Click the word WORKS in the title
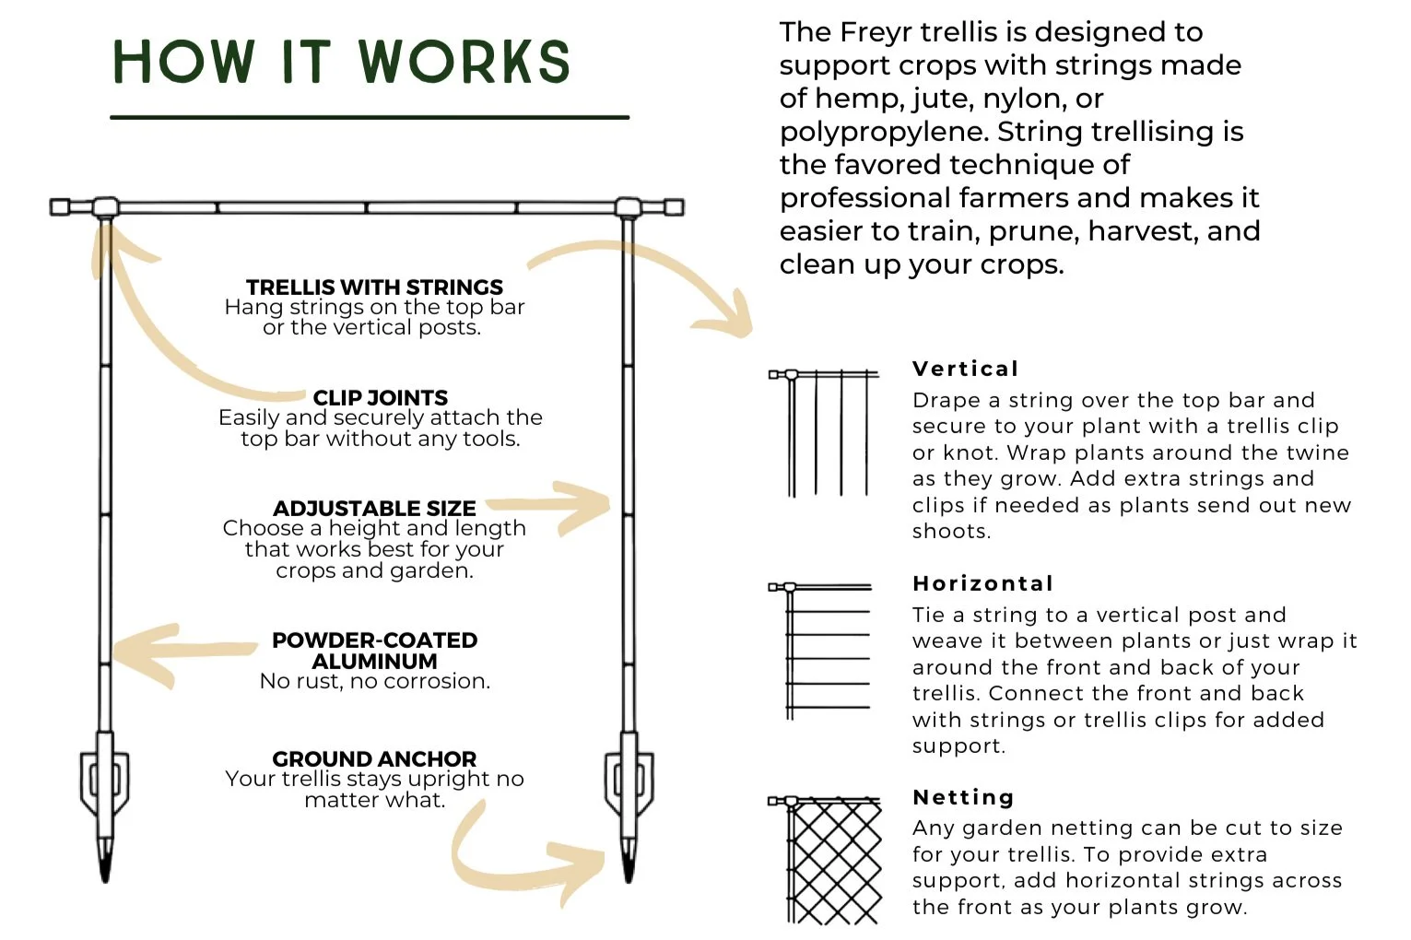[464, 63]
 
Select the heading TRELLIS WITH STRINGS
[374, 287]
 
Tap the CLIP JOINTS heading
[380, 397]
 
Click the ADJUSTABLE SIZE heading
[374, 508]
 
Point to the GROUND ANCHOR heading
[374, 758]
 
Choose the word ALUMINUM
[374, 661]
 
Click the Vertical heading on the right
[965, 369]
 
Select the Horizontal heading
[982, 583]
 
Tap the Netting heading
[962, 797]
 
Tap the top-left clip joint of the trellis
[105, 206]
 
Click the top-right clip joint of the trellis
[629, 206]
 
